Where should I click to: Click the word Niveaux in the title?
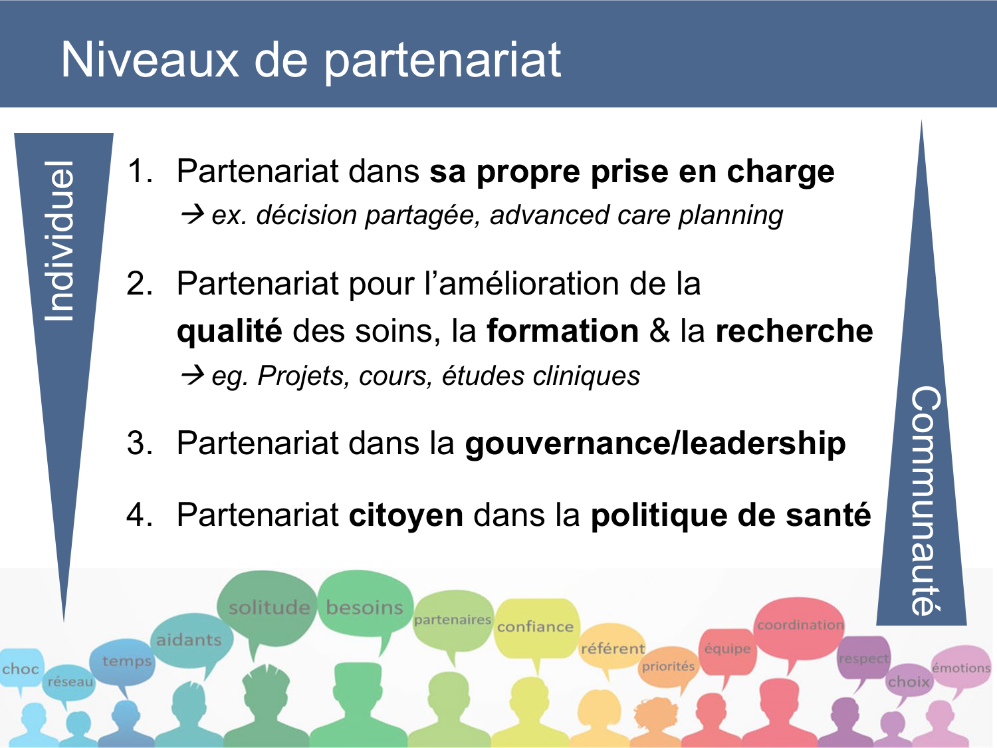click(150, 60)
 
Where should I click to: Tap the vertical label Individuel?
click(60, 241)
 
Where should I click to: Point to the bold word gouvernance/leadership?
click(655, 443)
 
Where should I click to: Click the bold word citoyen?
click(405, 515)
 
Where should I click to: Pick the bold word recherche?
click(794, 331)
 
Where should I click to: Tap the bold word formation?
click(562, 331)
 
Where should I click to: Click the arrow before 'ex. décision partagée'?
click(192, 215)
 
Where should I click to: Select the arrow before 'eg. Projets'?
click(192, 376)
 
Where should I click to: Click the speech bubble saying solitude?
click(269, 606)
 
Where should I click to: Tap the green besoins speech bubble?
click(364, 606)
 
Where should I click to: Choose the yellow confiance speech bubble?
click(535, 627)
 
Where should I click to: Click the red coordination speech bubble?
click(800, 625)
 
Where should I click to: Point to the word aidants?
click(189, 640)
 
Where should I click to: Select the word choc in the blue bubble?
click(21, 669)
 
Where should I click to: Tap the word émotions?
click(960, 668)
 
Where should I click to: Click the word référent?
click(612, 648)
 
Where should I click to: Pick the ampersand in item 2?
click(659, 331)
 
